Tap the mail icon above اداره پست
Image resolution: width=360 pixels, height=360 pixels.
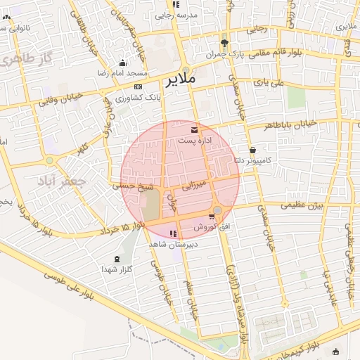point(194,130)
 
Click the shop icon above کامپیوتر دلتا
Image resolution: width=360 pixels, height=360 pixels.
point(252,150)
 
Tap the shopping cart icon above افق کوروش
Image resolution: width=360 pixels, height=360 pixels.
point(212,217)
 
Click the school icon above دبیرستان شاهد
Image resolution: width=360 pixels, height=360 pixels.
point(174,233)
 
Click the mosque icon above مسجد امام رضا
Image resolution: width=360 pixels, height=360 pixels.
point(123,63)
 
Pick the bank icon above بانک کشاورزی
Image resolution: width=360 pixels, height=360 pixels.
point(137,86)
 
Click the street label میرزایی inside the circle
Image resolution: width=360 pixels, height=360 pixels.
point(192,187)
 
